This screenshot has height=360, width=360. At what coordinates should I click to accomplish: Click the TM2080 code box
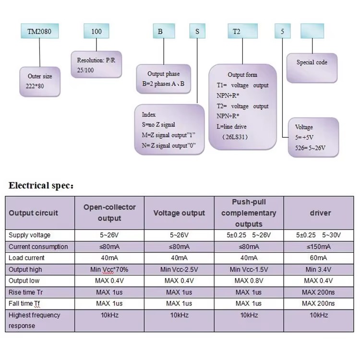coord(40,31)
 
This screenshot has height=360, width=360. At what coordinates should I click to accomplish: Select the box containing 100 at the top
coord(96,31)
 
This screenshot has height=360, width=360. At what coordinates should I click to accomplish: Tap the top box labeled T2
coord(243,31)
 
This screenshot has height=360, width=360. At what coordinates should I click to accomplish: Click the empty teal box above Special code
coord(312,31)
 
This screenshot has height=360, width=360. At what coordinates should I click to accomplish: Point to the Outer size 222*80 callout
coord(40,82)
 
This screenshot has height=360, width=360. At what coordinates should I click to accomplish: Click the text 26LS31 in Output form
coord(235,137)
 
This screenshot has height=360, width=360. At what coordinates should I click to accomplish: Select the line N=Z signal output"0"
coord(169,145)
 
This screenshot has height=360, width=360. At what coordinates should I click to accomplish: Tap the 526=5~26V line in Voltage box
coord(310,148)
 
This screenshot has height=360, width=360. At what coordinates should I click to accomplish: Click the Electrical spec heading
coord(41,185)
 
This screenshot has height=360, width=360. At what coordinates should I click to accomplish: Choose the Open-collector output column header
coord(109,213)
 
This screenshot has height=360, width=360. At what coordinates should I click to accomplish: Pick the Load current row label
coord(26,258)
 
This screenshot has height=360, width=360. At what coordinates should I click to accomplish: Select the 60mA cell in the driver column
coord(318,258)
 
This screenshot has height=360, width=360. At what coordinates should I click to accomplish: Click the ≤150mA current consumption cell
coord(319,247)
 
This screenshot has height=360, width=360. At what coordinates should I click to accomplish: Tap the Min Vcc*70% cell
coord(109,269)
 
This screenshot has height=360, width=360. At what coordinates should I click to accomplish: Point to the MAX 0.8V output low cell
coord(249,281)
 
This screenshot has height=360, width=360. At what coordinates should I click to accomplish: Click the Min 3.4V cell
coord(318,269)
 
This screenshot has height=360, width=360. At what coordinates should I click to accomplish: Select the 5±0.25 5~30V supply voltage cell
coord(318,235)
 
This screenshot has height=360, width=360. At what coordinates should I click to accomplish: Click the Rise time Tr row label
coord(25,292)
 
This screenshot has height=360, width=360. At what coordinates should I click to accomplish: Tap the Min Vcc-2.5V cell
coord(179,269)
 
